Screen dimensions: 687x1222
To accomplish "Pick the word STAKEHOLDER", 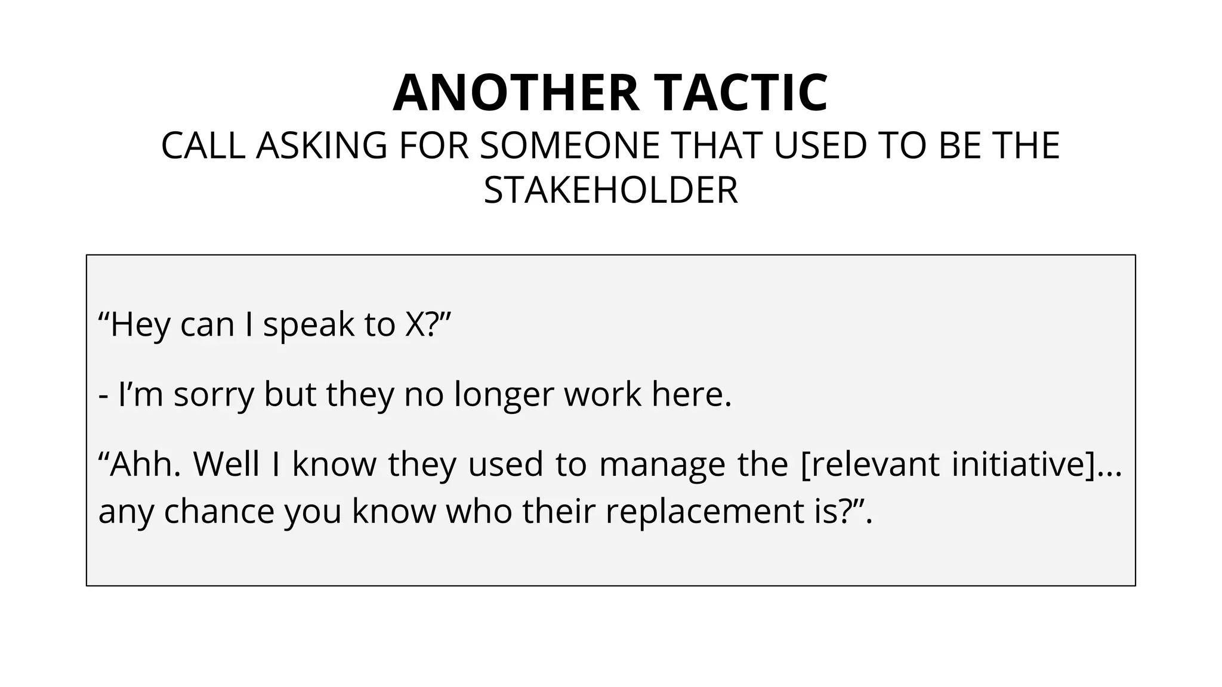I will click(x=611, y=190).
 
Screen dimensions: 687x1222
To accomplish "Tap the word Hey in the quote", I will click(x=141, y=325).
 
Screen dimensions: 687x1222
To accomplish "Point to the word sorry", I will click(x=214, y=395).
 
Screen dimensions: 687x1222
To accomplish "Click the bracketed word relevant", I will click(x=871, y=464).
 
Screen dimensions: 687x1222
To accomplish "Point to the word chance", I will click(x=219, y=511).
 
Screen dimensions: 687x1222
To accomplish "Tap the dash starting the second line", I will click(x=104, y=395).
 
